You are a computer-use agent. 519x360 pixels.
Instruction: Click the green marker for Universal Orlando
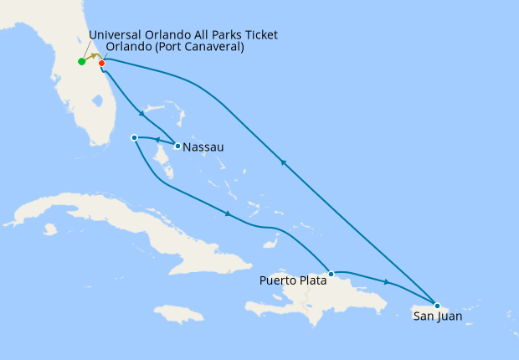click(x=81, y=61)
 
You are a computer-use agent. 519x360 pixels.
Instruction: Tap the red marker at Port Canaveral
click(x=102, y=62)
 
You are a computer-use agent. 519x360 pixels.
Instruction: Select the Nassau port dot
click(x=177, y=146)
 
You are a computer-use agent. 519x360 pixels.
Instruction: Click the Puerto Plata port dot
click(x=331, y=274)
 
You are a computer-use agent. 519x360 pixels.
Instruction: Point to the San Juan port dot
click(x=437, y=305)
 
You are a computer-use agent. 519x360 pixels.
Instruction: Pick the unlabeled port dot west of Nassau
click(x=134, y=137)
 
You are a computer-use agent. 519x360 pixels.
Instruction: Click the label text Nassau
click(x=203, y=148)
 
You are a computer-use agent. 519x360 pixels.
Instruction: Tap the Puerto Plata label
click(x=292, y=280)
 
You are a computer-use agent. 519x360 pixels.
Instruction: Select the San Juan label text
click(x=438, y=316)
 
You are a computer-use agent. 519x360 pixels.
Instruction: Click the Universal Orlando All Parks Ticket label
click(x=182, y=34)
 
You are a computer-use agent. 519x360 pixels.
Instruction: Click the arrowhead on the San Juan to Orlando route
click(x=285, y=164)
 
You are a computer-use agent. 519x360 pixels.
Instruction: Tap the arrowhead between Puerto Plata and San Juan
click(x=386, y=282)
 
